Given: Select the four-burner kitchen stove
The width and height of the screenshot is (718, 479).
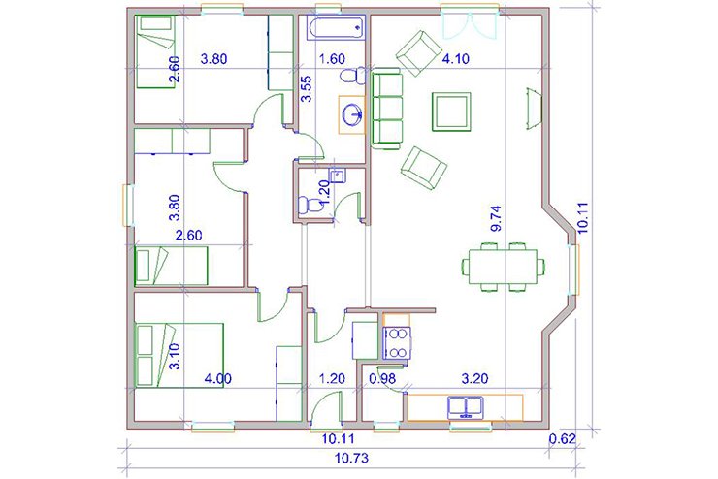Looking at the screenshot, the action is pyautogui.click(x=397, y=343).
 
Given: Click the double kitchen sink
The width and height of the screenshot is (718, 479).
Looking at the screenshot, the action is pyautogui.click(x=466, y=408).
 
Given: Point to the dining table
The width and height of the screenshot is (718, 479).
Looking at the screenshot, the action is pyautogui.click(x=503, y=267).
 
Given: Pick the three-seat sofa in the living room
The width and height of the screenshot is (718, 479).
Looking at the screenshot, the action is pyautogui.click(x=387, y=109).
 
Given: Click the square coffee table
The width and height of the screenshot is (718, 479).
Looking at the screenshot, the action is pyautogui.click(x=451, y=112).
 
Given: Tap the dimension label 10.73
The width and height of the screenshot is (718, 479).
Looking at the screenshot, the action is pyautogui.click(x=351, y=458).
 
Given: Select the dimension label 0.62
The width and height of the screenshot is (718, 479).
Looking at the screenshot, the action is pyautogui.click(x=562, y=438).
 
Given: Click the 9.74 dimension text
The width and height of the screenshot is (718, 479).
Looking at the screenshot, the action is pyautogui.click(x=496, y=219).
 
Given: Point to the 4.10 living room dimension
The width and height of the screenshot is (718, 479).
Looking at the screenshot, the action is pyautogui.click(x=456, y=58).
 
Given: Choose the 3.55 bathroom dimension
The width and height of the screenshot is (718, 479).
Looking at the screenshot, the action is pyautogui.click(x=306, y=88).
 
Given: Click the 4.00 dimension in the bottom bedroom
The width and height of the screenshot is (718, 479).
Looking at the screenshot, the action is pyautogui.click(x=218, y=379).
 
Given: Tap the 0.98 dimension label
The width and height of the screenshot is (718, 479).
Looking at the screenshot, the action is pyautogui.click(x=382, y=378).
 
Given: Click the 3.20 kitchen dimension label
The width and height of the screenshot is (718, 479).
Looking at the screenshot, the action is pyautogui.click(x=474, y=378).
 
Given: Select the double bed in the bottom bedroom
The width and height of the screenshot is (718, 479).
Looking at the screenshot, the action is pyautogui.click(x=179, y=356).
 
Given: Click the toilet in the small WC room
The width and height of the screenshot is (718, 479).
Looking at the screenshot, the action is pyautogui.click(x=310, y=206).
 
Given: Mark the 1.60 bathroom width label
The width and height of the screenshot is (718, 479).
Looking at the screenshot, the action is pyautogui.click(x=332, y=58).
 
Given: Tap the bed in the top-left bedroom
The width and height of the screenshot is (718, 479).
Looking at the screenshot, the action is pyautogui.click(x=155, y=51).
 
